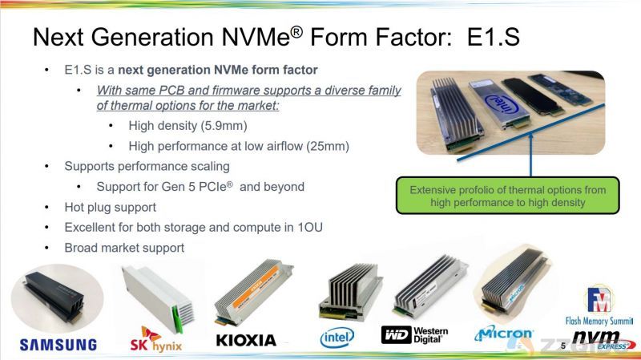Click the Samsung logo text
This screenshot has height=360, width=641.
(58, 345)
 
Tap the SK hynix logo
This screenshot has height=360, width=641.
(155, 339)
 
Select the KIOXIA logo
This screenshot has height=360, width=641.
(246, 341)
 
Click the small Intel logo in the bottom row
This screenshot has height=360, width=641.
(337, 338)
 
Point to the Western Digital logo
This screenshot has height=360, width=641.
(414, 334)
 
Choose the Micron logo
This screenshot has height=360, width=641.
(504, 334)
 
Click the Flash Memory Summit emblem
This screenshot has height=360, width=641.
(599, 305)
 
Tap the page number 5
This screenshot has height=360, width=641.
(563, 346)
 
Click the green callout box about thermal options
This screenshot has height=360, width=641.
(508, 196)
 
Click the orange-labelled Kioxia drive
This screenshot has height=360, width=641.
(254, 291)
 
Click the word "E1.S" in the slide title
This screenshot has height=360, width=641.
(494, 36)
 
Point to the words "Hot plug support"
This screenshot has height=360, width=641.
(111, 208)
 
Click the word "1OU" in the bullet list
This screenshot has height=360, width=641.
(309, 228)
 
